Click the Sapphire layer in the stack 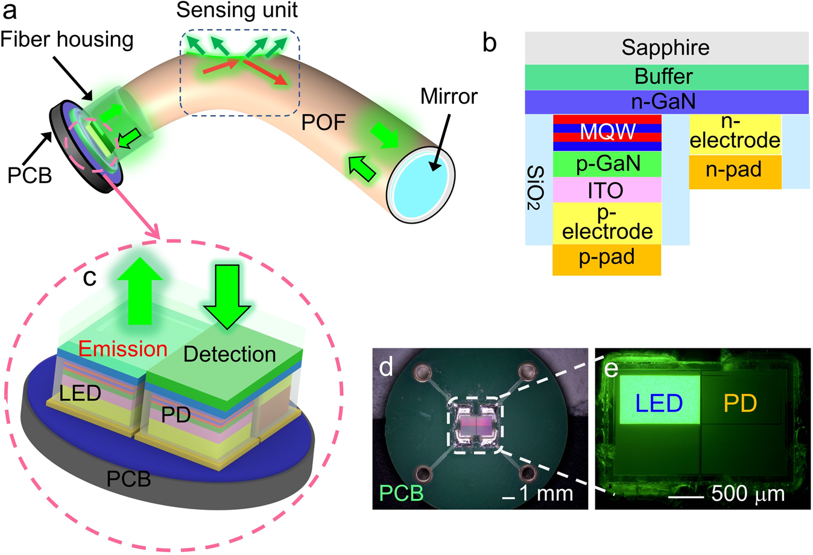(x=666, y=48)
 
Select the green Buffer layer (x=666, y=77)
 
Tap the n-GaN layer (x=666, y=101)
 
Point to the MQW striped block (x=607, y=133)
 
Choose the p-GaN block (x=607, y=164)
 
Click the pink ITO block (x=607, y=190)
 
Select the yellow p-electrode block (x=607, y=223)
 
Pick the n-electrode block (x=735, y=134)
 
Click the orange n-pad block (x=735, y=172)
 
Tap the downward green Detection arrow (x=227, y=295)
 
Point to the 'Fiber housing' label (x=68, y=40)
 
